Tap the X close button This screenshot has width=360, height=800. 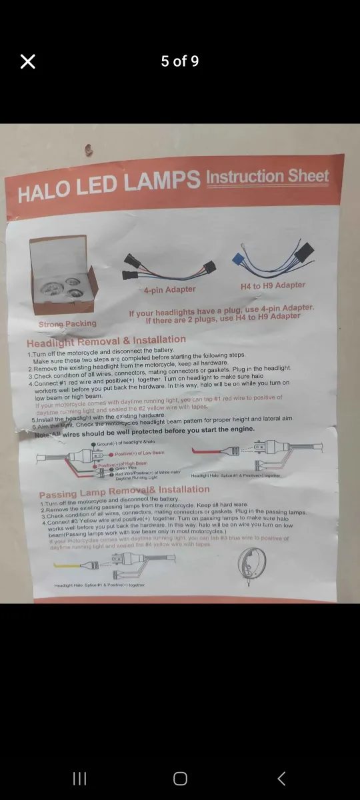27,61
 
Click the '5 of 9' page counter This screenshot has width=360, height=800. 180,61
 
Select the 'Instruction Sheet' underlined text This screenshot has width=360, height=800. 267,177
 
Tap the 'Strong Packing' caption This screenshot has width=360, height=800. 67,324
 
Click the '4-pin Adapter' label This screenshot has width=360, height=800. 169,289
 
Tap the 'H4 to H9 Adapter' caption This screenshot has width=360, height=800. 273,285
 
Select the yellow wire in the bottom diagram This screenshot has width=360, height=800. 67,565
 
